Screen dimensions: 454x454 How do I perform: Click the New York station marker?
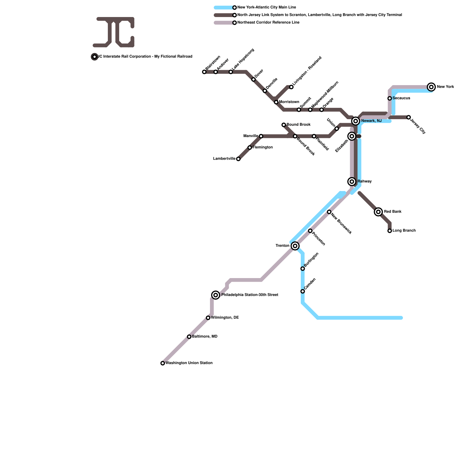pos(431,87)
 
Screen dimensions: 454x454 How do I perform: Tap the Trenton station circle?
pos(295,246)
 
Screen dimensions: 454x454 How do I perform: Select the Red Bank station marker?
pos(378,212)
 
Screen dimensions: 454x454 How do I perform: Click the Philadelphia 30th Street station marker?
pos(216,295)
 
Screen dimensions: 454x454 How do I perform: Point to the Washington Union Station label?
pos(189,363)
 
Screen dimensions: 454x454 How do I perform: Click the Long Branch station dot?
pos(390,231)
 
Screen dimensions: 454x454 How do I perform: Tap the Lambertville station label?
pos(224,159)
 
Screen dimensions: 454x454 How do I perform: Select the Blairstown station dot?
pos(204,72)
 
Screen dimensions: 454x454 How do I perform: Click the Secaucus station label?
pos(401,98)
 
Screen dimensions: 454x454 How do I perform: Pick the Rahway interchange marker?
pos(352,182)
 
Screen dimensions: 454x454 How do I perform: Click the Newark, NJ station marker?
pos(356,121)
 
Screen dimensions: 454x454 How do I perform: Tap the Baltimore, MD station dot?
pos(189,337)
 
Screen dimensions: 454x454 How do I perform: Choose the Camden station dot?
pos(303,291)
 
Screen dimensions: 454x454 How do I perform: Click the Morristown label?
pos(289,102)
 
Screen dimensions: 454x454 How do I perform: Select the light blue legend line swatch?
pos(224,8)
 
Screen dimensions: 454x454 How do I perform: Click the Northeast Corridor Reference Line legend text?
pos(268,23)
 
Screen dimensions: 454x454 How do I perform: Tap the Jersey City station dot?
pos(409,117)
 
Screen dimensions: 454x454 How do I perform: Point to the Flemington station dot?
pos(250,148)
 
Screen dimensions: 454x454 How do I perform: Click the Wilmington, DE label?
pos(225,318)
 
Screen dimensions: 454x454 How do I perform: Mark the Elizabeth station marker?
pos(352,136)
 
